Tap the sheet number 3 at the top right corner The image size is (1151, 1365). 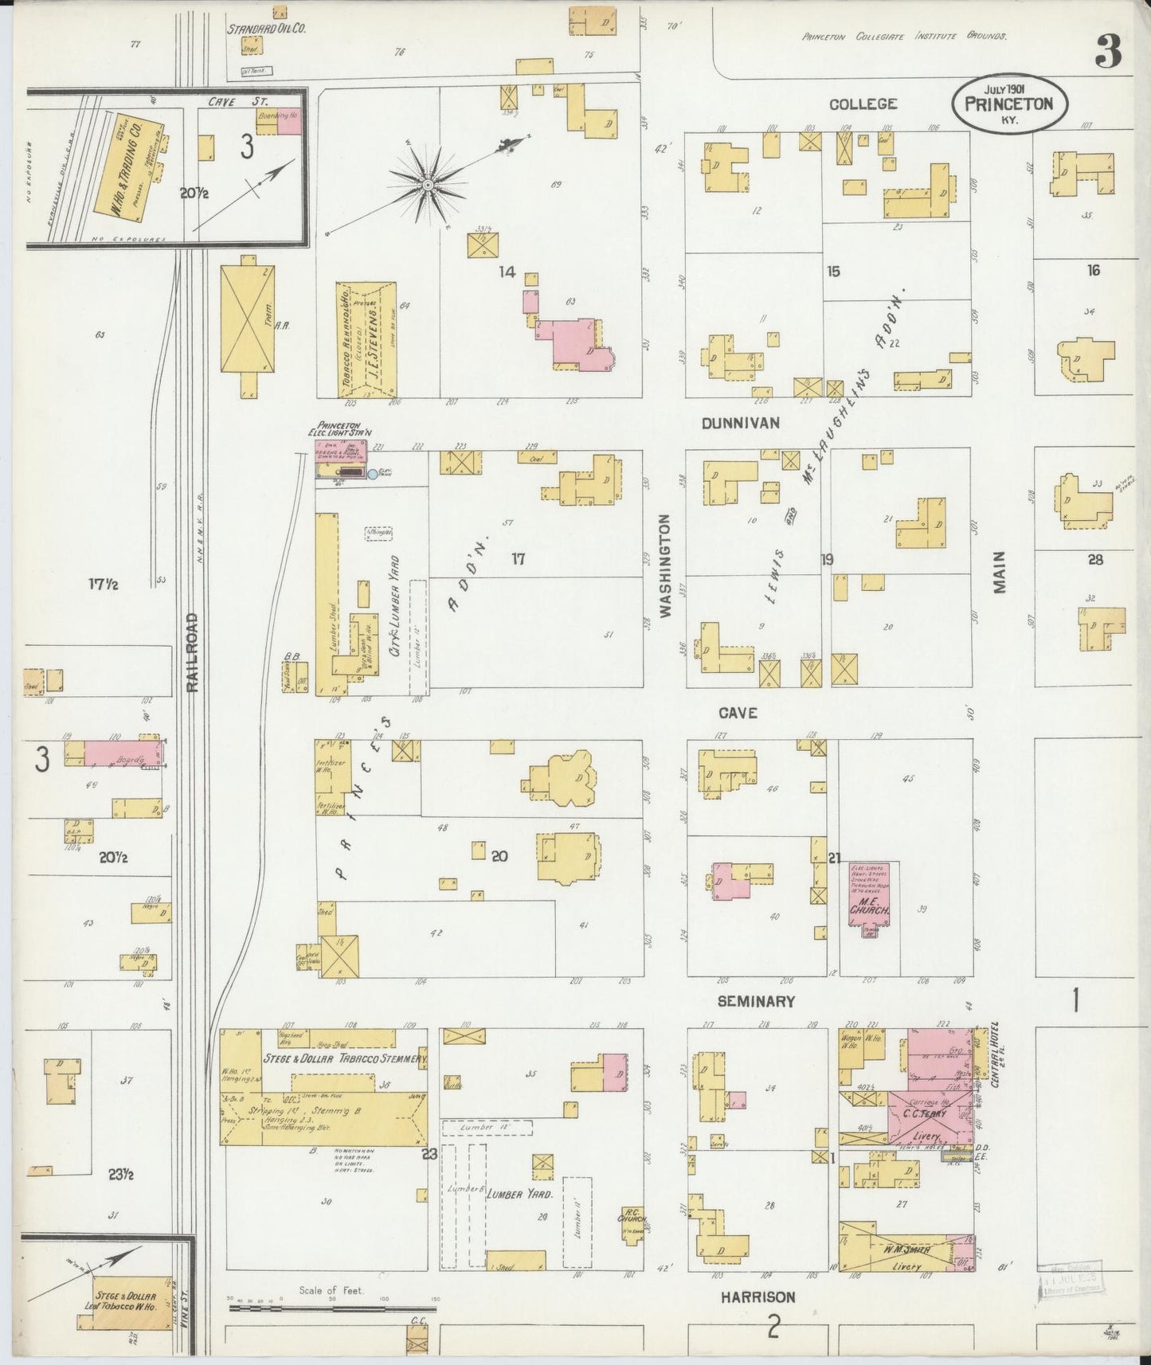1108,53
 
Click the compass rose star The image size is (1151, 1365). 428,185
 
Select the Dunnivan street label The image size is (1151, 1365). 740,424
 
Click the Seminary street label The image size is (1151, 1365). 755,1001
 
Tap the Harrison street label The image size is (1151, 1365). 758,1297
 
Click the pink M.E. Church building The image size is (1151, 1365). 869,896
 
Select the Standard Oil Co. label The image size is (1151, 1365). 267,28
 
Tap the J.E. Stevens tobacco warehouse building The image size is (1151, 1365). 366,338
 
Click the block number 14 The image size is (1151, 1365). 507,272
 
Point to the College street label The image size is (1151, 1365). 863,104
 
